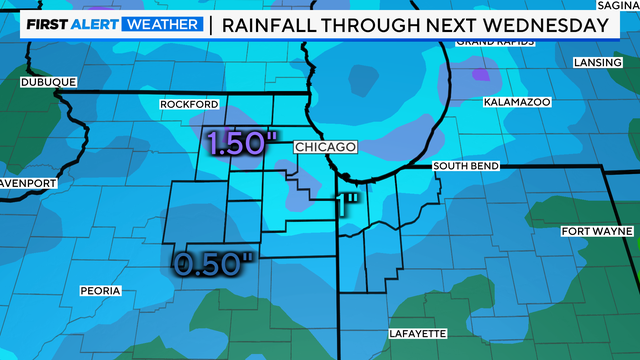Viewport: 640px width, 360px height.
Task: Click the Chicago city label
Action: (x=325, y=147)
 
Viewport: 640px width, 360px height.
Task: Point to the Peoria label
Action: (x=100, y=291)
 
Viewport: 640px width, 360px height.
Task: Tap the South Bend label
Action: (x=466, y=166)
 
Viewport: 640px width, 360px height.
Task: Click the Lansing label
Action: (x=595, y=61)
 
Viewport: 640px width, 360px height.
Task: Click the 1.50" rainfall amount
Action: (x=238, y=143)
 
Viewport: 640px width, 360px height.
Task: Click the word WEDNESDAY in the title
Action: (x=543, y=23)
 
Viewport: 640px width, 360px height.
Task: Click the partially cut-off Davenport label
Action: (x=28, y=184)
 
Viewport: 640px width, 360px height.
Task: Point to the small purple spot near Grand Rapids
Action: (x=483, y=74)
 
